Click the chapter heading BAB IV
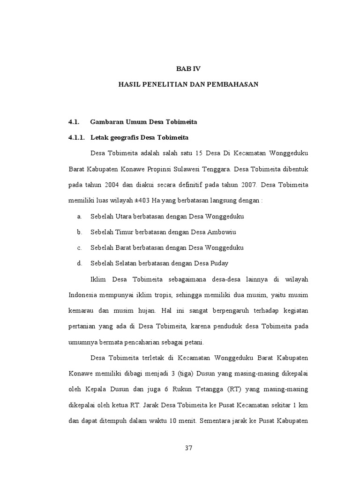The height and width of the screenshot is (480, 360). [187, 68]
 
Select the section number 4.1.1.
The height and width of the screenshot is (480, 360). [77, 137]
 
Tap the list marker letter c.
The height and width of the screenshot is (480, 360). [80, 247]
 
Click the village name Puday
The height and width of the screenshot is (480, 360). [220, 263]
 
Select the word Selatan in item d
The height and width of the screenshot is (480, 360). [127, 263]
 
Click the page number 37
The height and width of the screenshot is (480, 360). [188, 448]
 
